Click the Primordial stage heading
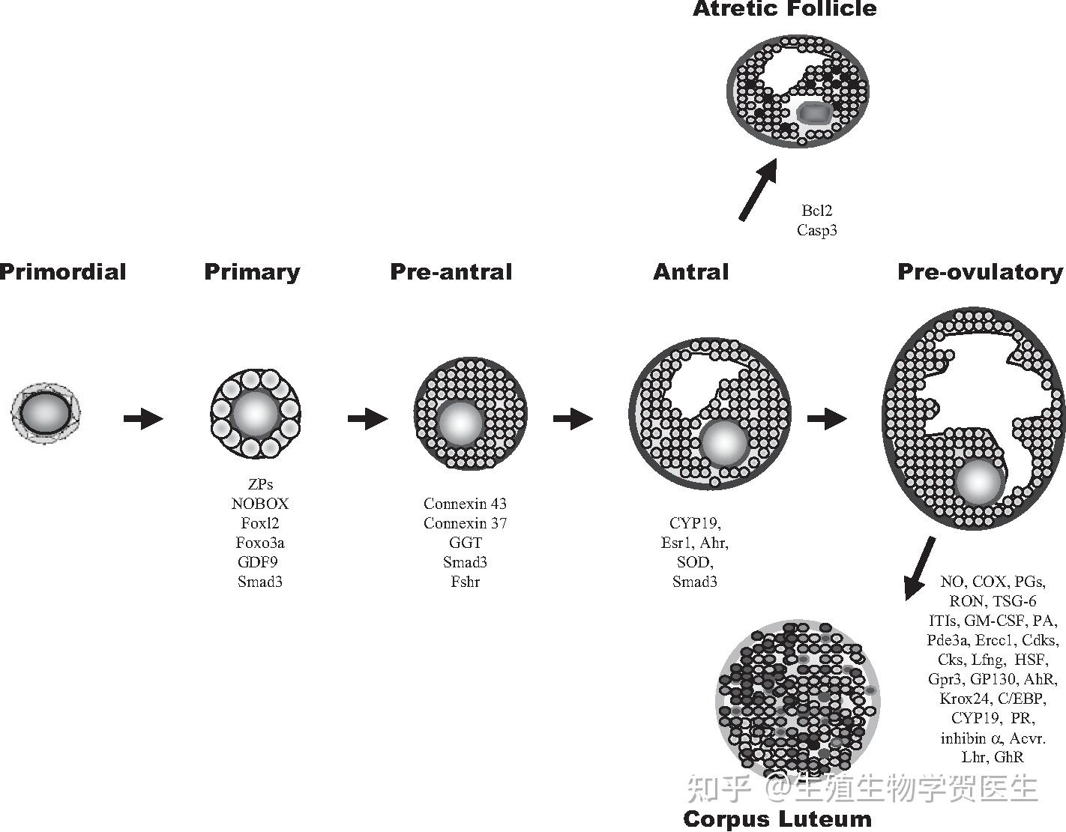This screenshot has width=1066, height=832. click(x=63, y=271)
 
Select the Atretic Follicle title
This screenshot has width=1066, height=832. click(x=784, y=9)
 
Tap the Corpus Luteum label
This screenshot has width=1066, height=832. click(x=777, y=819)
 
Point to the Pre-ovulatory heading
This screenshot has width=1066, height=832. click(x=980, y=271)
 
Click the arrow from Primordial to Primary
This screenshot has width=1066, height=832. click(x=143, y=417)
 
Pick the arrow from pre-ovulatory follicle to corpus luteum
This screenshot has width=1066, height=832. click(x=920, y=567)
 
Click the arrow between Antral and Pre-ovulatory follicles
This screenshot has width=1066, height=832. click(x=827, y=417)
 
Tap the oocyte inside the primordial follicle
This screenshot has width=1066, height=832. click(x=45, y=412)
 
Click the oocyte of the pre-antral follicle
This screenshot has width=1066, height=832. click(x=460, y=422)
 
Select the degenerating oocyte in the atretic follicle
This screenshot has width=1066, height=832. click(x=813, y=113)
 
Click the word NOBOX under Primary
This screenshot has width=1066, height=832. click(x=259, y=504)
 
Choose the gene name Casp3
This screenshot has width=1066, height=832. click(x=816, y=230)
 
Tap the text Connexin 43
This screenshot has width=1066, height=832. click(x=465, y=504)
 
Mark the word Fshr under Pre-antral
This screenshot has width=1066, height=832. click(x=465, y=582)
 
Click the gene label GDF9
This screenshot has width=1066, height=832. click(x=259, y=562)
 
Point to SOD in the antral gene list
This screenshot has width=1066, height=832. click(x=694, y=562)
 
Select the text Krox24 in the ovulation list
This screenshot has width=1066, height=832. click(x=965, y=699)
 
